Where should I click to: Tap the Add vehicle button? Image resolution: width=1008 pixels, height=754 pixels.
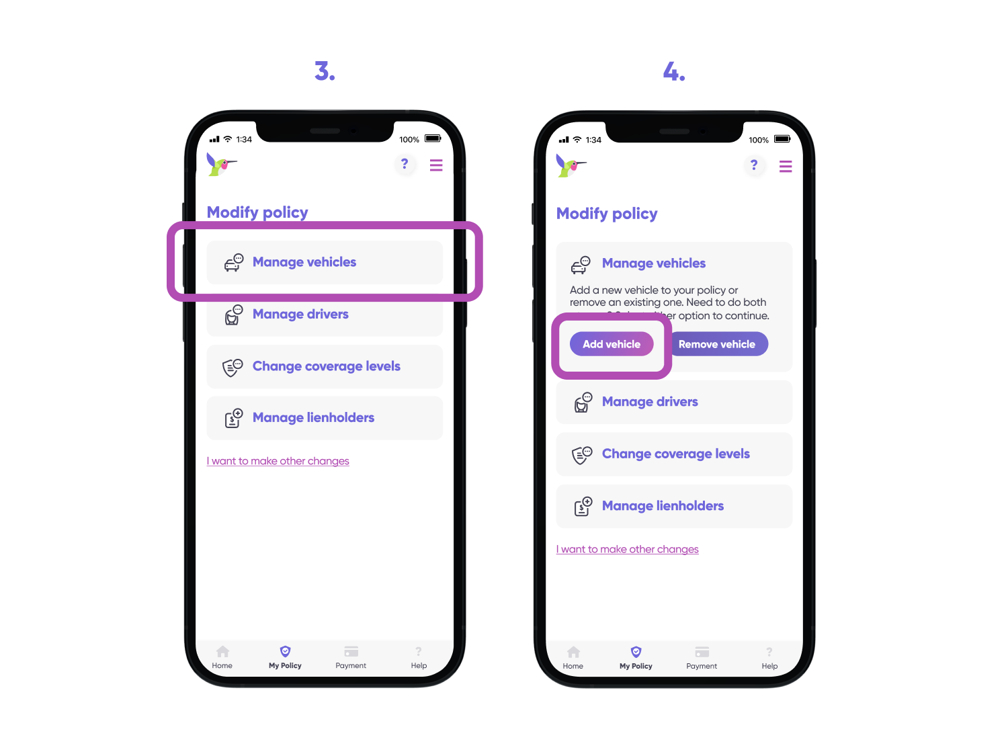point(612,344)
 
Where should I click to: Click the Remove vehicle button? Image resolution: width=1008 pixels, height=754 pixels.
point(716,344)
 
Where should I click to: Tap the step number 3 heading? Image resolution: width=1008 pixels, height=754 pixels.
point(325,71)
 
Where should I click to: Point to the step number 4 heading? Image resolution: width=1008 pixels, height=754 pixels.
point(674,71)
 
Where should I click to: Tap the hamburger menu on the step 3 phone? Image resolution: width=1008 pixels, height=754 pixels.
point(436,165)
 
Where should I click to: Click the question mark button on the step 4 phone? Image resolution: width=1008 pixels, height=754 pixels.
point(754,165)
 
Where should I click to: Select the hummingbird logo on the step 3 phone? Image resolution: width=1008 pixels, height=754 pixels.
point(220,164)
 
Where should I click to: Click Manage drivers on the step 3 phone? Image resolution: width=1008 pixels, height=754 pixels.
point(300,315)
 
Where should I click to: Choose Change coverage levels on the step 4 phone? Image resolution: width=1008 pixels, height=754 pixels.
point(675,454)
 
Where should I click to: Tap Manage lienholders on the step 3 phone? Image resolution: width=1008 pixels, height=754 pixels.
point(313,418)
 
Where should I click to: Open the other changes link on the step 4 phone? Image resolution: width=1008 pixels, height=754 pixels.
point(628,550)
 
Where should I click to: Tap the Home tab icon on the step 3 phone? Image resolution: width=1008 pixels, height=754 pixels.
point(222,652)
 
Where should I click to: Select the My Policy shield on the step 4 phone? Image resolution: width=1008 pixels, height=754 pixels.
point(636,652)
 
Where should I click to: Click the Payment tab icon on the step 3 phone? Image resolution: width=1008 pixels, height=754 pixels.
point(351,652)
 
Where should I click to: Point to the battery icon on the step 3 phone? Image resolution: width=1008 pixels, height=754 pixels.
point(433,139)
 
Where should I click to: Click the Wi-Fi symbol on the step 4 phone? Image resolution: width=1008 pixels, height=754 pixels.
point(577,140)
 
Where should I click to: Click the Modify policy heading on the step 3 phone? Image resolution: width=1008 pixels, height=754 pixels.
point(257,212)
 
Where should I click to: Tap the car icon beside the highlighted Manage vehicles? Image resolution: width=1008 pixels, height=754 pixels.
point(234,263)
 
